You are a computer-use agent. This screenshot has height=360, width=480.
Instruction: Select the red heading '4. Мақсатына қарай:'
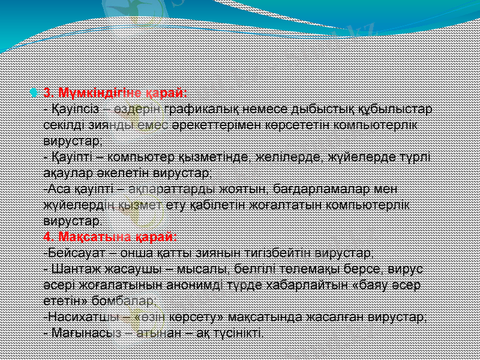pos(110,235)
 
